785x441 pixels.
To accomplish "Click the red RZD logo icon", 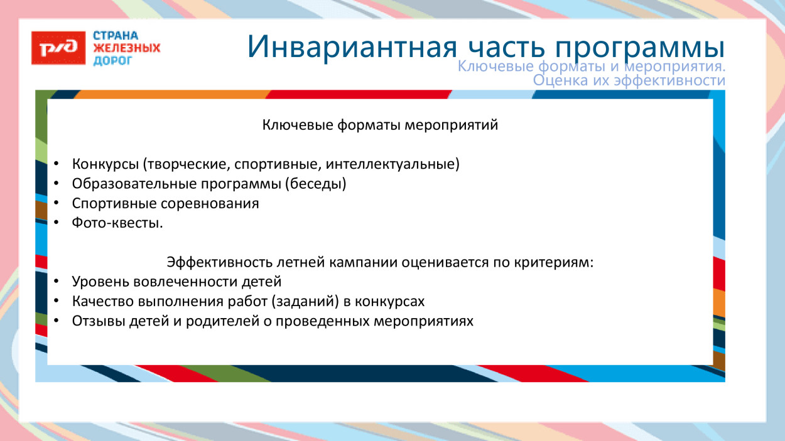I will click(58, 48).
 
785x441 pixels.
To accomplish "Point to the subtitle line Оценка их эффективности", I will click(629, 81).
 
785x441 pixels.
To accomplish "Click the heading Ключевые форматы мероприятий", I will click(380, 125).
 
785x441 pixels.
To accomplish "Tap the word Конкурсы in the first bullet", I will click(105, 165).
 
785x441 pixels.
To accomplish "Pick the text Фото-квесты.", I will click(117, 223).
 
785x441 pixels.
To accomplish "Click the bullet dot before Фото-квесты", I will click(56, 223).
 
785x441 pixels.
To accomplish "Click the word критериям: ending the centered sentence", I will click(559, 262).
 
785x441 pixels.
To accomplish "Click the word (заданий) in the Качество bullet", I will click(306, 301).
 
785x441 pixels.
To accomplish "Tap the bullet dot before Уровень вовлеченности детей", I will click(56, 282).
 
